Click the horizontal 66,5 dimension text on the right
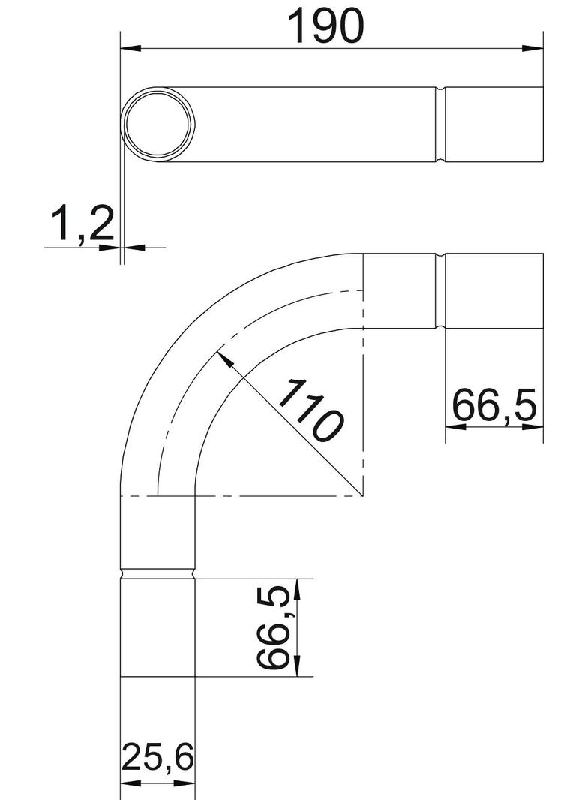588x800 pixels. coord(494,406)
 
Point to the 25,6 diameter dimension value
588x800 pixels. coord(158,759)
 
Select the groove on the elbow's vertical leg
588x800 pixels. coord(158,574)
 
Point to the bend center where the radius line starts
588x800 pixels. coord(363,496)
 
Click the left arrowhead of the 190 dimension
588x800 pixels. coord(130,49)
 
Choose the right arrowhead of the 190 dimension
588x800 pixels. coord(532,49)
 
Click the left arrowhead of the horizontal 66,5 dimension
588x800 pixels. coord(455,426)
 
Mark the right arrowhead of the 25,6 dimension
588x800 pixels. coord(187,783)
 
